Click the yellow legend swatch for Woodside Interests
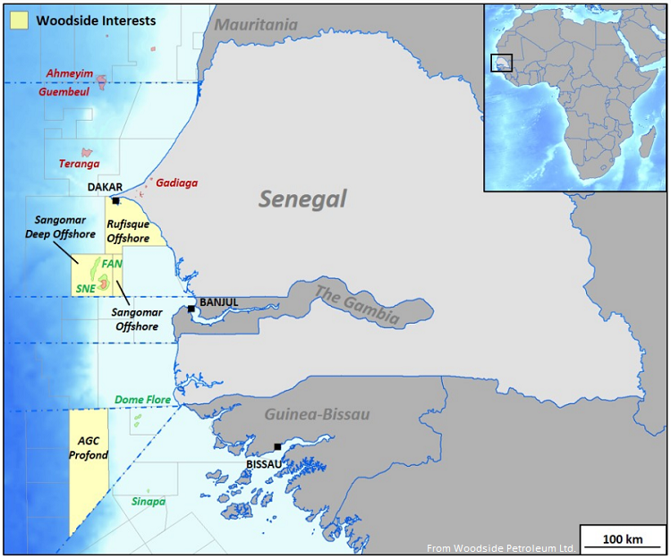coord(18,20)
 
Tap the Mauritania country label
coord(255,25)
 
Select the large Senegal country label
coord(302,199)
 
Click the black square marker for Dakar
coord(115,201)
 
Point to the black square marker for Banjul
coord(191,309)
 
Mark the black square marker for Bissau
coord(277,446)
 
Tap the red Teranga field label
coord(79,164)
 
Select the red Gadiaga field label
coord(176,182)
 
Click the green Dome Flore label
coord(143,400)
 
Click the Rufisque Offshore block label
coord(128,232)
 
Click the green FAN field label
coord(112,264)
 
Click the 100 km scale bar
coord(623,539)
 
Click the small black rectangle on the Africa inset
coord(502,63)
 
